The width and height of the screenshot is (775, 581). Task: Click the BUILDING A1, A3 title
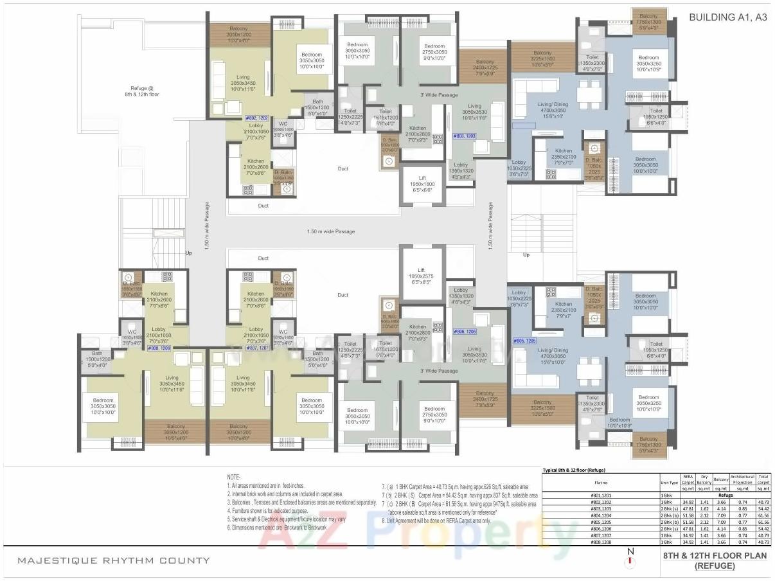tap(728, 18)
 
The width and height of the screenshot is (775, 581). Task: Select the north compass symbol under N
tap(630, 563)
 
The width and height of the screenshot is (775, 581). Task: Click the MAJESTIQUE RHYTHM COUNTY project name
tap(114, 560)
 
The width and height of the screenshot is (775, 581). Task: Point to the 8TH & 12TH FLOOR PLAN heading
tap(715, 556)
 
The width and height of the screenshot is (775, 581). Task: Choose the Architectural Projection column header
tap(742, 479)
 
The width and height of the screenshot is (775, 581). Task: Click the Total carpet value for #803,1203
tap(763, 508)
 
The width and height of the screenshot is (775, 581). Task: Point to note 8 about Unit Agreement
tap(437, 521)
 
